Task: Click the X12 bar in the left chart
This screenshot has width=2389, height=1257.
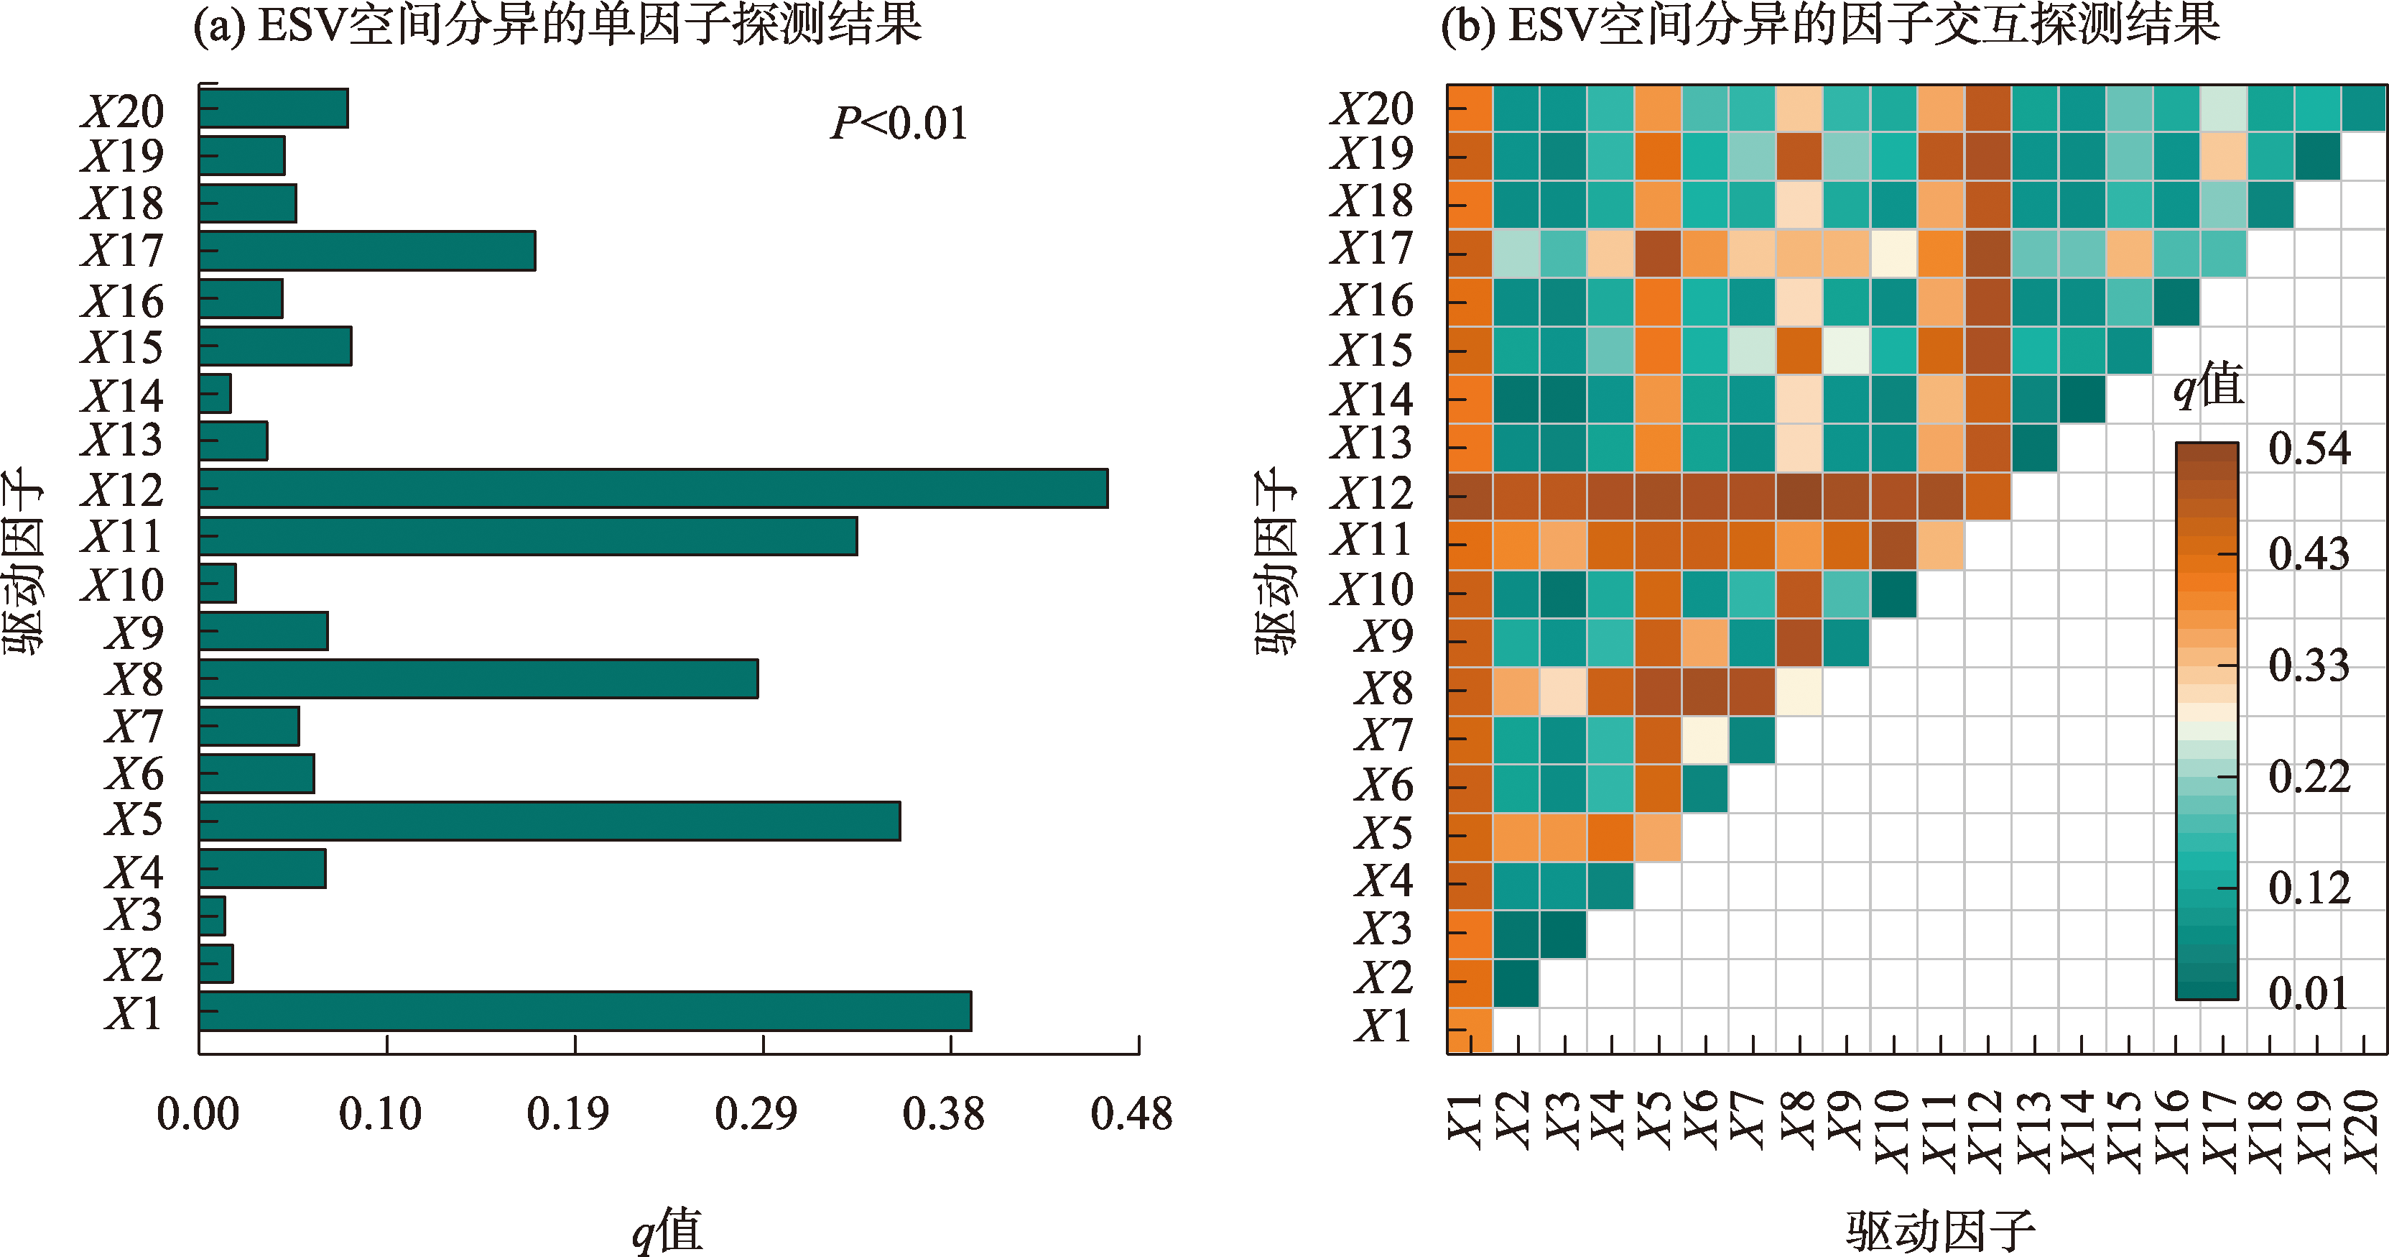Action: tap(653, 488)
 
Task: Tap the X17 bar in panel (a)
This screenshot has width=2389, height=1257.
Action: tap(367, 251)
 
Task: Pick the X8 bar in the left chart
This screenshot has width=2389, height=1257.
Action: tap(478, 678)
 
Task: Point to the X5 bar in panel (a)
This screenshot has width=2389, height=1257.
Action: tap(549, 821)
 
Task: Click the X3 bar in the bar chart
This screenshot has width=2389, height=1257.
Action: tap(213, 916)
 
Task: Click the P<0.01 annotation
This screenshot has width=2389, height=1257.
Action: tap(899, 124)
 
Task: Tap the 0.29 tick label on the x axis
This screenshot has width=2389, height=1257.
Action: tap(756, 1113)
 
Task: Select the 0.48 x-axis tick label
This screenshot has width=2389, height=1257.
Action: tap(1131, 1113)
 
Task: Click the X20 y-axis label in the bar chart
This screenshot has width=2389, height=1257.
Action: tap(122, 111)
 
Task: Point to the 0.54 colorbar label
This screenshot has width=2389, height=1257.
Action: tap(2309, 449)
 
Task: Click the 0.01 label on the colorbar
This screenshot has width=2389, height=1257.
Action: tap(2309, 993)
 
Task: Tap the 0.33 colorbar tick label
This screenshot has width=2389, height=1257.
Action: tap(2309, 665)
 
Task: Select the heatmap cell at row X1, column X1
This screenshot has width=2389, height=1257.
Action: tap(1470, 1031)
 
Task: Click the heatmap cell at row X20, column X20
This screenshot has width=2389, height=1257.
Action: tap(2364, 109)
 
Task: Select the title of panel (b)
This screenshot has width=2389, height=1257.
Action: tap(1829, 25)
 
